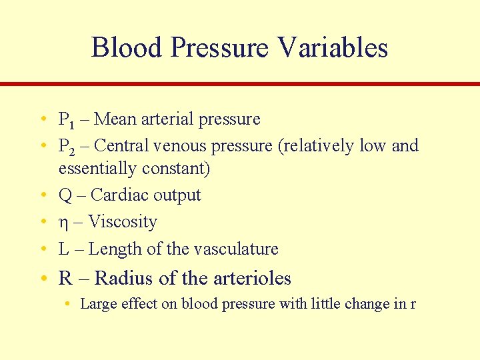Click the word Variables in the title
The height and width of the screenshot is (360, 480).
tap(333, 48)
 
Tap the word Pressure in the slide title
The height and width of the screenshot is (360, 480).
tap(219, 48)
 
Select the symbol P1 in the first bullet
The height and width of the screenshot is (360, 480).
tap(67, 120)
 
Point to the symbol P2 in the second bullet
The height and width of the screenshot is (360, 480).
tap(67, 147)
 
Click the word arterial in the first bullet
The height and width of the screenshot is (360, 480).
tap(167, 119)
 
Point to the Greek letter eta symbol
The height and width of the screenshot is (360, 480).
tap(63, 223)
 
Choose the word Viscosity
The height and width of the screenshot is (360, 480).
tap(123, 222)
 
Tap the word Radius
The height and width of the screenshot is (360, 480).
tap(123, 277)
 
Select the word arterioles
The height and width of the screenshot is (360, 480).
tap(251, 277)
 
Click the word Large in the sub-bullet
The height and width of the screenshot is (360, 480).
tap(95, 304)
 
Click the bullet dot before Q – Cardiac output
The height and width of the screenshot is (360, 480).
tap(42, 195)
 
